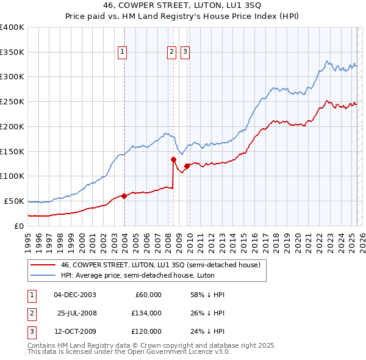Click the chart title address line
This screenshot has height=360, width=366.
click(x=183, y=7)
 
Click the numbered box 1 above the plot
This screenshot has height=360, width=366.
click(x=123, y=52)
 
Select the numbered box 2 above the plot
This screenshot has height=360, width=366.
click(x=172, y=52)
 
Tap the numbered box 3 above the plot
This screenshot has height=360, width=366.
click(x=184, y=52)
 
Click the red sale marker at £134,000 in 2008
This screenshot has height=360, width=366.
click(x=173, y=159)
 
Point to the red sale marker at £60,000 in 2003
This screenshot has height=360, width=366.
click(x=124, y=196)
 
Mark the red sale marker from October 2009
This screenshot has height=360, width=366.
click(x=187, y=166)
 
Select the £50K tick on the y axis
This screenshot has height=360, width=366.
click(x=15, y=201)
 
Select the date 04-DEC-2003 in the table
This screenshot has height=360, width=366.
click(x=75, y=295)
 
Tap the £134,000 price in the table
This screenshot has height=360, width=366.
click(x=146, y=313)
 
